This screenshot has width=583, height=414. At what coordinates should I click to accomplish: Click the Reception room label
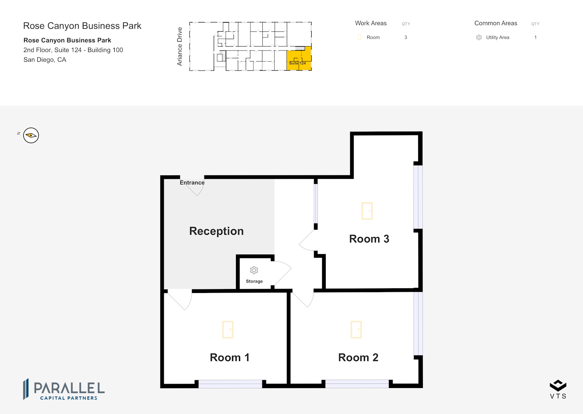pos(216,231)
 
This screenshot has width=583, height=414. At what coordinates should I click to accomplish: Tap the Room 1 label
pos(230,358)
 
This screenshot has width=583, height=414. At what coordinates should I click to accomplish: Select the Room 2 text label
pos(358,358)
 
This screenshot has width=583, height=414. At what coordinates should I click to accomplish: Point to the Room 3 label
pos(369,239)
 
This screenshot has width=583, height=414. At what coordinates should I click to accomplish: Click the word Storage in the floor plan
pos(254,281)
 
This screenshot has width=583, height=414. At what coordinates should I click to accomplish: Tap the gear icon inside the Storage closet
pos(254,270)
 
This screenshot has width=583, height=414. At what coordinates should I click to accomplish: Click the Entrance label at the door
pos(192,183)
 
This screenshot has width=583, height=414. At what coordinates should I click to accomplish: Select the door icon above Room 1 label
pos(228,329)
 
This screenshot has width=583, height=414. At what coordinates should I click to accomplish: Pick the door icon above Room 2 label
pos(356,329)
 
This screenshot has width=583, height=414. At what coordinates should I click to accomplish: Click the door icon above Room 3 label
pos(367,211)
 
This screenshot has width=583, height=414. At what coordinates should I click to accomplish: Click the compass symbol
pos(31,135)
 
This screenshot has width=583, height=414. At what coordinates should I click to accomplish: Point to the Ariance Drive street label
pos(179,46)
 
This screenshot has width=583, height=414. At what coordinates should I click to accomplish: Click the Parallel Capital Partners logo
pos(64,389)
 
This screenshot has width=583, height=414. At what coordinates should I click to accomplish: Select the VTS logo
pos(558,389)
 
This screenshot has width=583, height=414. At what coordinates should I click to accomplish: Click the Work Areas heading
pos(371,23)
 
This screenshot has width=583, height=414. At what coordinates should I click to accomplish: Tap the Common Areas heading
pos(496,23)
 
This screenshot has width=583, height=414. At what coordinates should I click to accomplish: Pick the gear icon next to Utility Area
pos(479,37)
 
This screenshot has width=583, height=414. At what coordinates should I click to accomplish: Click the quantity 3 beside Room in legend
pos(406,37)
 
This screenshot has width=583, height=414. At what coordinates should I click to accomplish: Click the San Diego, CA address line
pos(45,60)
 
